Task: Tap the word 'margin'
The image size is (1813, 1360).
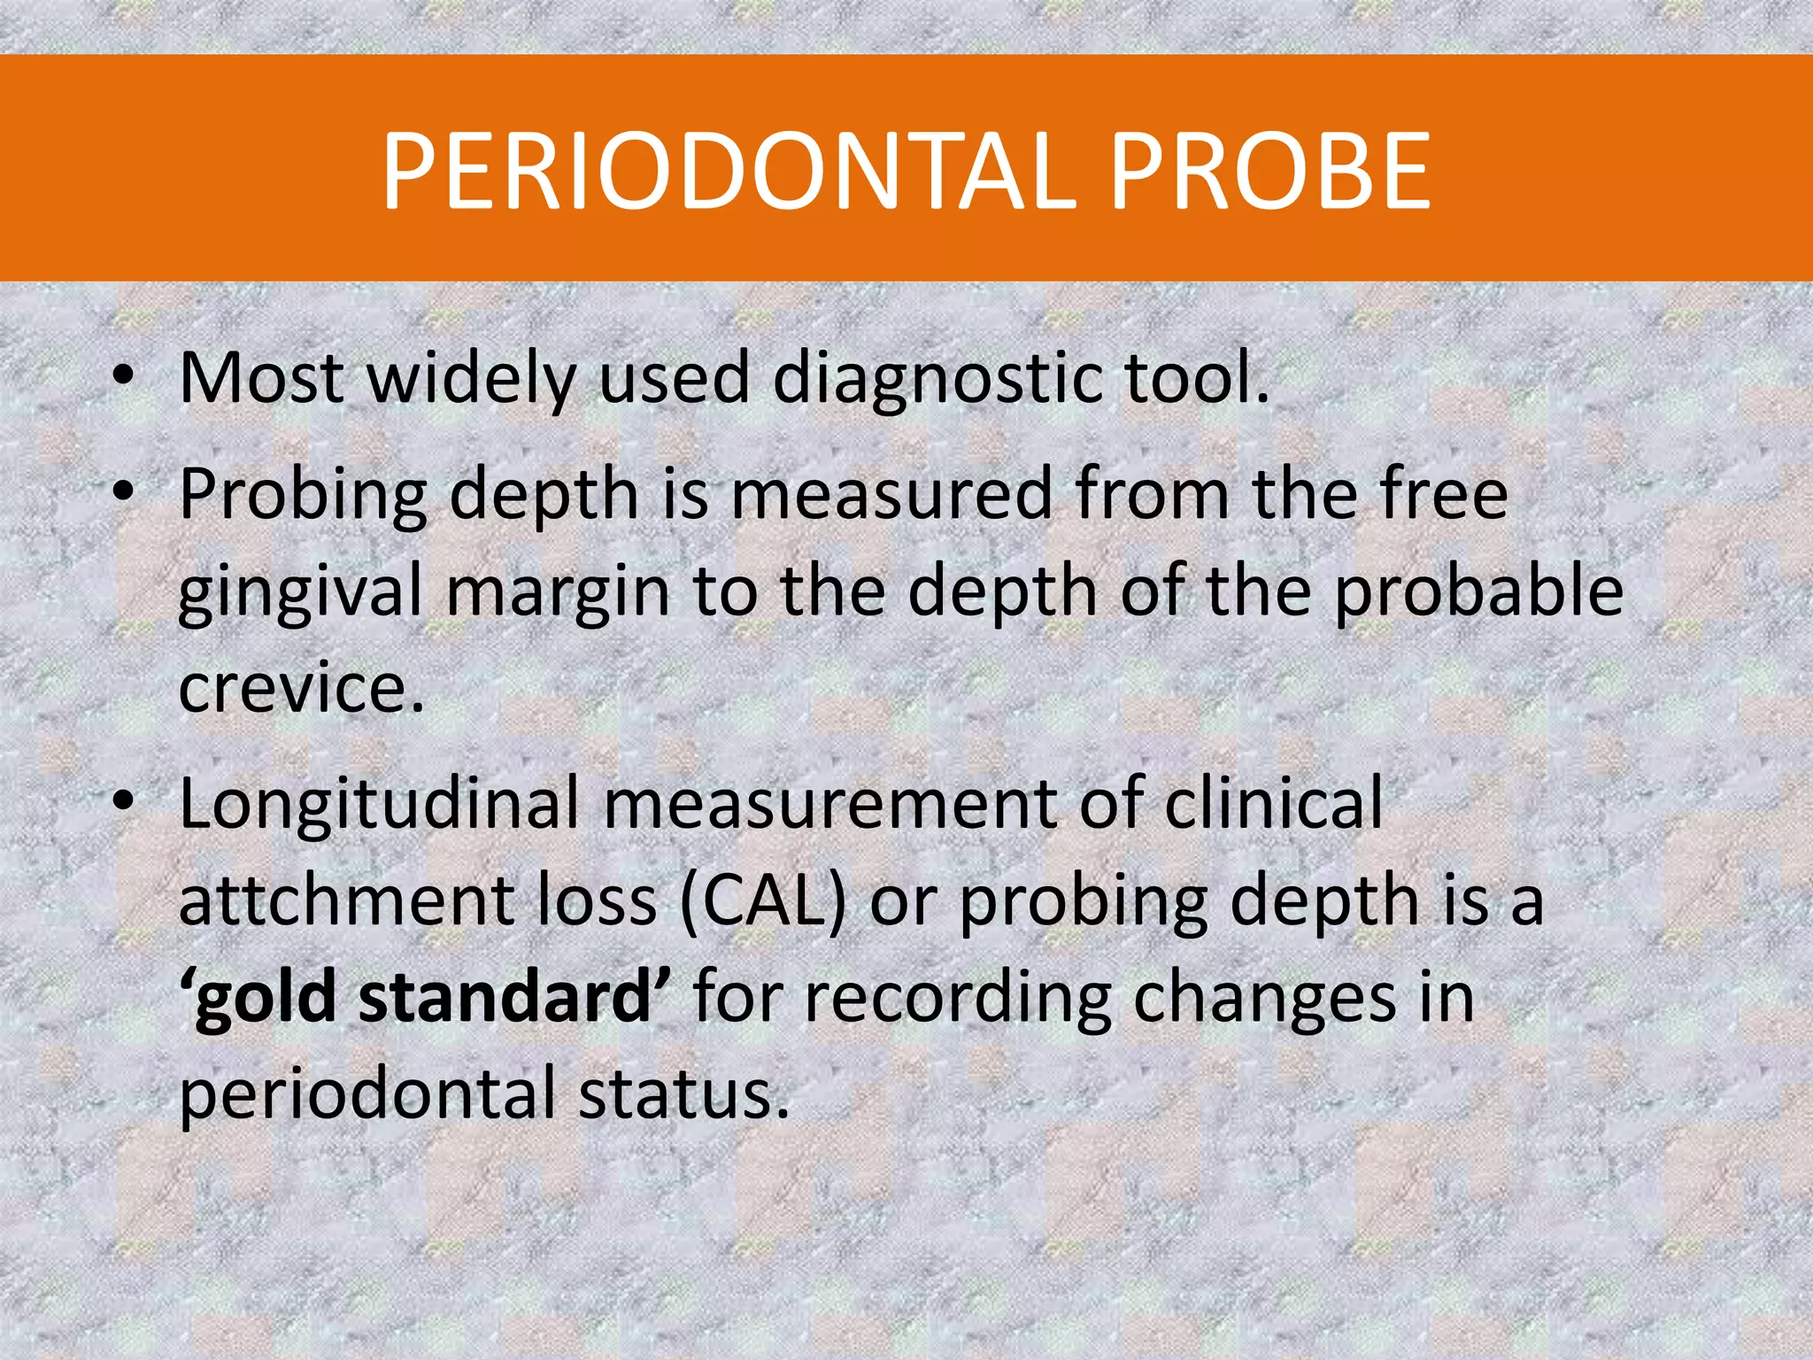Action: [x=558, y=593]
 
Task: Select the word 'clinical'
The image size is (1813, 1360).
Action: [x=1274, y=802]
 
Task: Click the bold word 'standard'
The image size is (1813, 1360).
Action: [x=505, y=997]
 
